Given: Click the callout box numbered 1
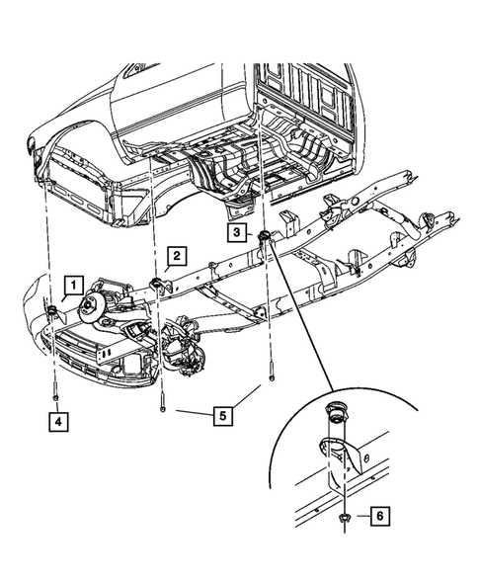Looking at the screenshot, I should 72,286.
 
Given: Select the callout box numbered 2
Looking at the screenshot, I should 174,257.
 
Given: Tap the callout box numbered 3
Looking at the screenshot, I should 238,232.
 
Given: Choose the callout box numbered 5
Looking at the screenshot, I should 224,414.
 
